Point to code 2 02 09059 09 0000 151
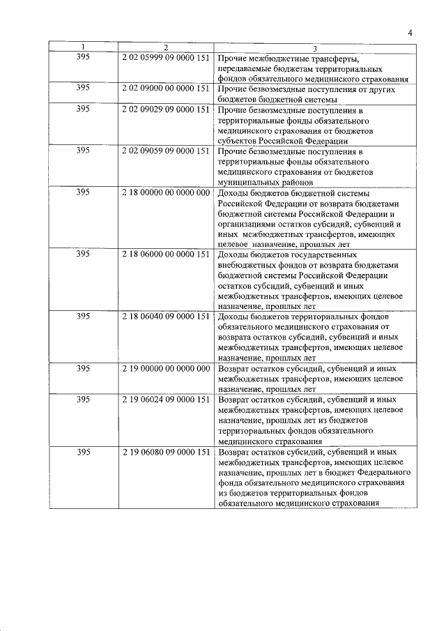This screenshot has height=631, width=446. pos(166,150)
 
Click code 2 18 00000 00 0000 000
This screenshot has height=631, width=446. pos(166,192)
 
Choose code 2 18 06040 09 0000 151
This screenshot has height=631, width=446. pos(166,316)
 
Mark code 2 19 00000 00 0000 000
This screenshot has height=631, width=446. pos(166,367)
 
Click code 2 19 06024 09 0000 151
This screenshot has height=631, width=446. pos(166,400)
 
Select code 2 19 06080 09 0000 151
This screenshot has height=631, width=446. pos(166,452)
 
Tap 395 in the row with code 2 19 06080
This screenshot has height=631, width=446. pos(82,452)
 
